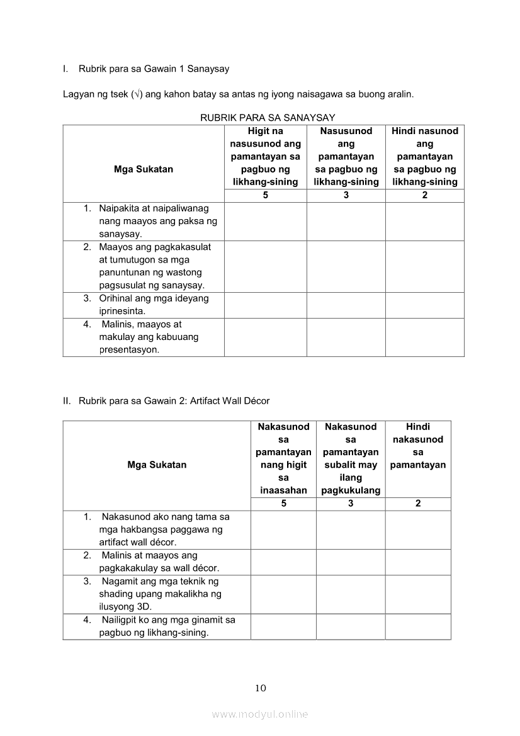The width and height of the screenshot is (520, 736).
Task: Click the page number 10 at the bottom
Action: tap(261, 688)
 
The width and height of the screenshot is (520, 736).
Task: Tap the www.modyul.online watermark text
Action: tap(260, 714)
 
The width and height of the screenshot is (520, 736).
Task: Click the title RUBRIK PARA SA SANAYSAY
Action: tap(268, 117)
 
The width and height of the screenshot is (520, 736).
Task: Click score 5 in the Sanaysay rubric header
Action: tap(265, 195)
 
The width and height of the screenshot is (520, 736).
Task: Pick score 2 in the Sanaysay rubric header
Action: tap(425, 195)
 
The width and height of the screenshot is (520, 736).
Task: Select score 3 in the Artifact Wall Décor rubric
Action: tap(351, 504)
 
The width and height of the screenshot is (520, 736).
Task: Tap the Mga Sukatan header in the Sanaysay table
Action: tap(144, 169)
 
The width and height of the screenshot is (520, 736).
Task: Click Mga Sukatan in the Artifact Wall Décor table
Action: tap(157, 465)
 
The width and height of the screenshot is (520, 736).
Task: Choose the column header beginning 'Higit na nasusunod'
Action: tap(265, 156)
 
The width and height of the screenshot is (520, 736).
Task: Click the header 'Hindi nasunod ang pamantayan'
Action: tap(425, 156)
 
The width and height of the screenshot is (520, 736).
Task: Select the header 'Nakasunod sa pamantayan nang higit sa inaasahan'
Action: tap(283, 458)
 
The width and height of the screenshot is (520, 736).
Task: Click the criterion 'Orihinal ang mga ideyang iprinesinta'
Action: tap(154, 305)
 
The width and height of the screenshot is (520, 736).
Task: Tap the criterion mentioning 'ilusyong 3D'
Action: tap(160, 594)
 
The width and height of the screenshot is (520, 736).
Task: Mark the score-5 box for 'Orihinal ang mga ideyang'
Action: tap(265, 305)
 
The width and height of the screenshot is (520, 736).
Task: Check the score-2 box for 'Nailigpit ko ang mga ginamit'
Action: tap(418, 626)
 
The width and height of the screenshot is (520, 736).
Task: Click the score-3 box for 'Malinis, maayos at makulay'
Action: tap(346, 337)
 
